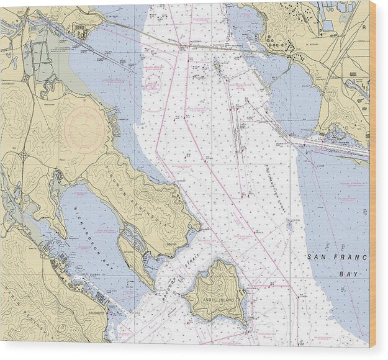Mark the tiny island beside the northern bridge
(x=217, y=65)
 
